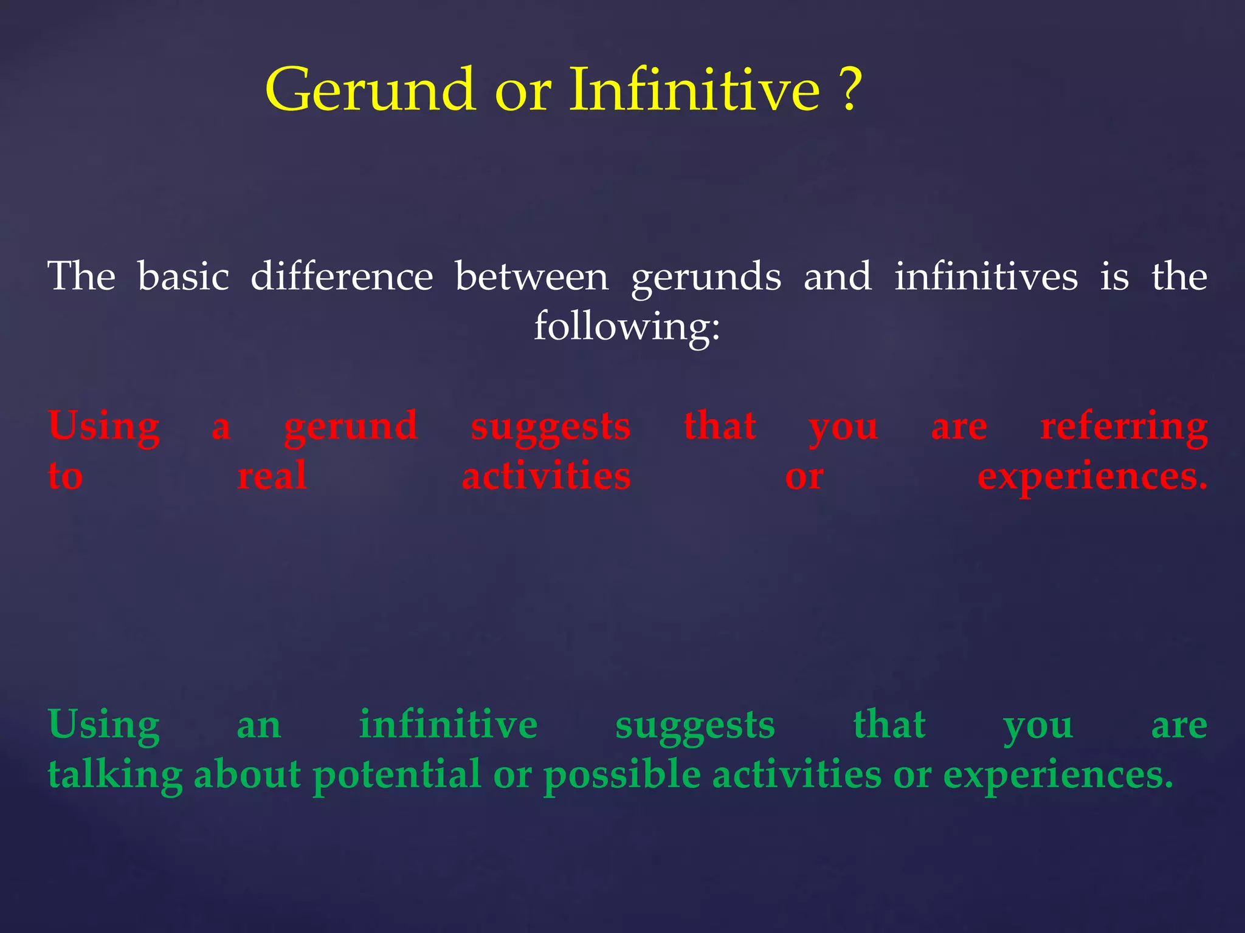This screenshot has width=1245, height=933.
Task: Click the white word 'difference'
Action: (342, 276)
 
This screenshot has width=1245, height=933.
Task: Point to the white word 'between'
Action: (531, 276)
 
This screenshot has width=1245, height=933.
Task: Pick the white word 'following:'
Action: (627, 326)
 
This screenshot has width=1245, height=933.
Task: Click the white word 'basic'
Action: (183, 276)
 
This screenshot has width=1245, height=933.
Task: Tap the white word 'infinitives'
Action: (985, 276)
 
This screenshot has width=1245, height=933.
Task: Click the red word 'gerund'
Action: (351, 426)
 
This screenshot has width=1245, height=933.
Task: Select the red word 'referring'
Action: (1123, 426)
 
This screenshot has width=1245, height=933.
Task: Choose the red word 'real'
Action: (271, 476)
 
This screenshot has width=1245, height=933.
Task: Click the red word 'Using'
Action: (104, 426)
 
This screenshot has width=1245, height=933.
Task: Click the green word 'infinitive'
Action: (448, 725)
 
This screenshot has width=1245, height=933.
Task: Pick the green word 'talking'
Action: (115, 775)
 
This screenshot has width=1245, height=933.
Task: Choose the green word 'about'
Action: (247, 775)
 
